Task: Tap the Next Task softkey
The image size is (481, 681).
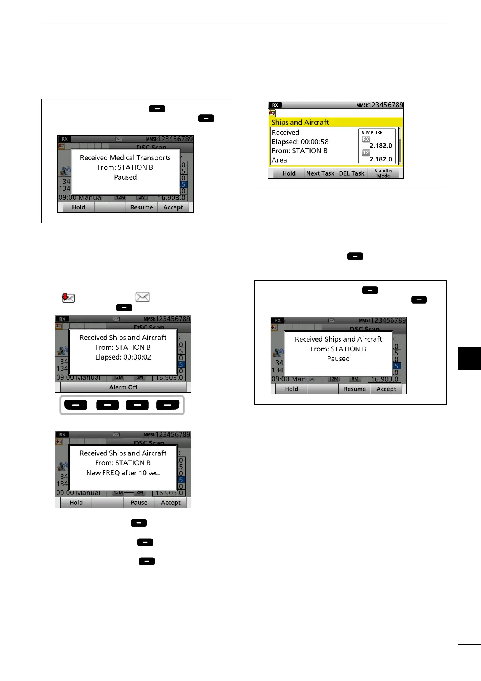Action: pyautogui.click(x=320, y=173)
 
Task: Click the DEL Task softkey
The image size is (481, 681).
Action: pyautogui.click(x=352, y=173)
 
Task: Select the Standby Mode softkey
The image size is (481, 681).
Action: pyautogui.click(x=383, y=173)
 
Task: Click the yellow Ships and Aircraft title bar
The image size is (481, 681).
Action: pyautogui.click(x=336, y=122)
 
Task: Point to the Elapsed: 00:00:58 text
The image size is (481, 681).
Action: pyautogui.click(x=300, y=142)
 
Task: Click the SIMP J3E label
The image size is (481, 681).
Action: pyautogui.click(x=372, y=133)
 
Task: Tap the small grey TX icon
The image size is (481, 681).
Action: pyautogui.click(x=366, y=153)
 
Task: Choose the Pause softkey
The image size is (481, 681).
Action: pyautogui.click(x=139, y=503)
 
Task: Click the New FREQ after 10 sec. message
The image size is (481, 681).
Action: pyautogui.click(x=123, y=473)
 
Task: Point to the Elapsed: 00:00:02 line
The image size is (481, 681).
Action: pyautogui.click(x=123, y=357)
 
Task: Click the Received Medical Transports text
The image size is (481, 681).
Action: pyautogui.click(x=125, y=158)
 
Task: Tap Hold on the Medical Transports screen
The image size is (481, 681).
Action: pyautogui.click(x=78, y=207)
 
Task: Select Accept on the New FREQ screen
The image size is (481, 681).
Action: pyautogui.click(x=171, y=503)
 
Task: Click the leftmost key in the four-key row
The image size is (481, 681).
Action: pyautogui.click(x=76, y=405)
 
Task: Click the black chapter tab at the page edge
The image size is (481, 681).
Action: pyautogui.click(x=469, y=359)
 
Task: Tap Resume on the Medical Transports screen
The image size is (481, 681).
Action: pyautogui.click(x=141, y=207)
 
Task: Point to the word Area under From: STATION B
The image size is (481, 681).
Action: pyautogui.click(x=279, y=160)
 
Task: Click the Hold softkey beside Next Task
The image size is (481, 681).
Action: pyautogui.click(x=289, y=173)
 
